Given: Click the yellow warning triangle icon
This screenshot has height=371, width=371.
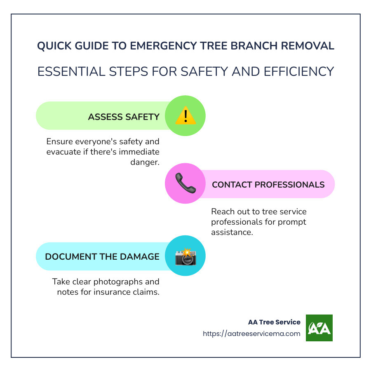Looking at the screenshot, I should point(185,116).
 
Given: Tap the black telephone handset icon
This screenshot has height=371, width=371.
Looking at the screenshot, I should point(185,184).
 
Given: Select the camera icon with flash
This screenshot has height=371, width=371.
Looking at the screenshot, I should point(185,256).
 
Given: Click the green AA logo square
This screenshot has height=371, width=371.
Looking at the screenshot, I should point(319,328).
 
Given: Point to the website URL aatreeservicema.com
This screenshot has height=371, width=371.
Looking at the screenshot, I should point(251,333).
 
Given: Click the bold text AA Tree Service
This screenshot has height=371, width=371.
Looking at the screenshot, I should point(274,322).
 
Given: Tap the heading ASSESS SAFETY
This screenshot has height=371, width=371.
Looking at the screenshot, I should point(124,117).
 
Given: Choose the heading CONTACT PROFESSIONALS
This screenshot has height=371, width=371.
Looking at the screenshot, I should point(268,184).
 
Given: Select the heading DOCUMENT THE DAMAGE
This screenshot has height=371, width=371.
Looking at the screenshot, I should point(102,256).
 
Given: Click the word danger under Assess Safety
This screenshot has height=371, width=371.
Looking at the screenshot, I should point(145,162).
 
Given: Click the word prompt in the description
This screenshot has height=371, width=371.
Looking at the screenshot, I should point(284,222).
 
